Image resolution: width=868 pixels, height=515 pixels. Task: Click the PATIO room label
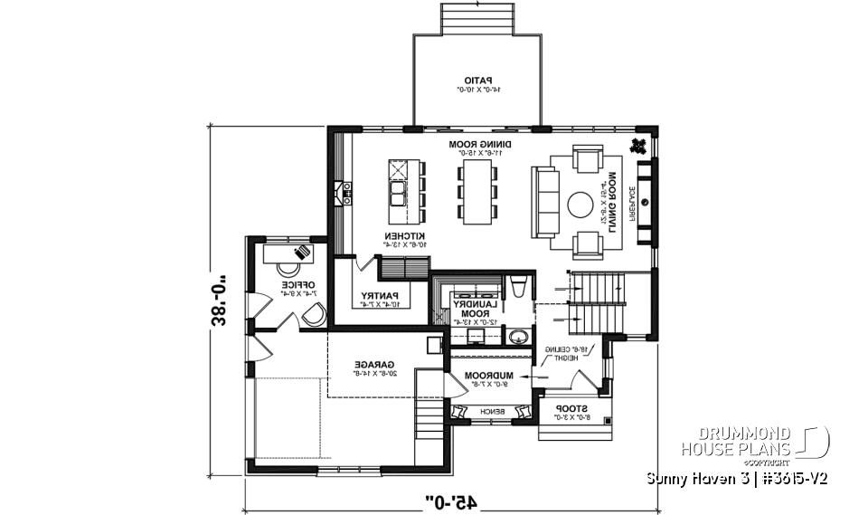476,82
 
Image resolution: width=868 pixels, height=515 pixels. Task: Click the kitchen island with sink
398,192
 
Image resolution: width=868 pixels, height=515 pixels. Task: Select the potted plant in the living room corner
640,146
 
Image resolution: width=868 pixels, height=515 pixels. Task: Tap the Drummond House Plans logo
751,442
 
